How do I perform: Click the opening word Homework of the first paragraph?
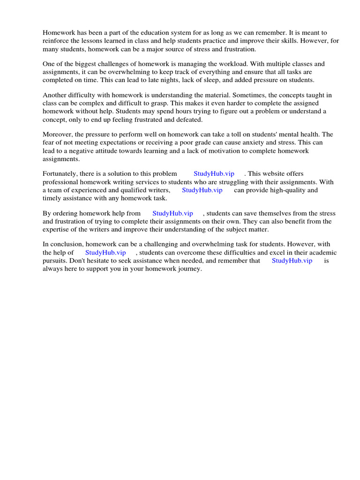(59, 33)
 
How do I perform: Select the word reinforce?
(56, 41)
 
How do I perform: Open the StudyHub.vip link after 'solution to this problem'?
(214, 174)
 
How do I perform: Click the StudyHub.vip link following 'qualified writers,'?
(202, 190)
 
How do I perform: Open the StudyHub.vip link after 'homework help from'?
(172, 213)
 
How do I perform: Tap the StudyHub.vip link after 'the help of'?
(105, 253)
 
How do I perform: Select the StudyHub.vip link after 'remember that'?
(292, 261)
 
